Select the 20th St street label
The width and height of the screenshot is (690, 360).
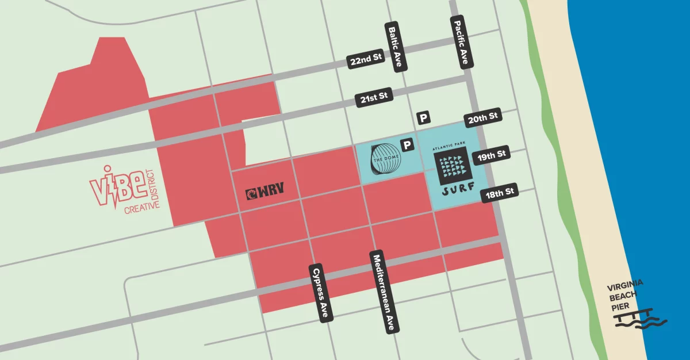click(x=483, y=118)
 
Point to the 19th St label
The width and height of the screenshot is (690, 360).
click(x=491, y=155)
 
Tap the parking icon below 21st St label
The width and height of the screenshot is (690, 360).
click(x=424, y=118)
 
